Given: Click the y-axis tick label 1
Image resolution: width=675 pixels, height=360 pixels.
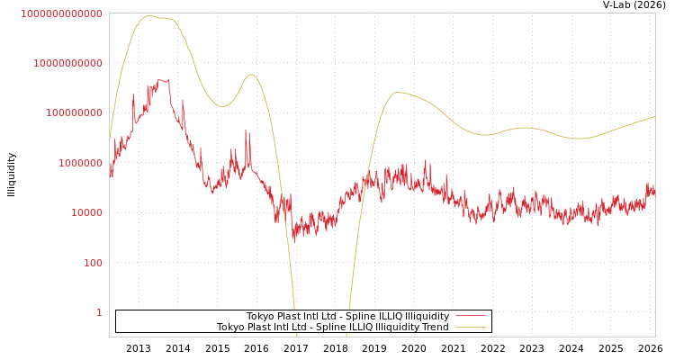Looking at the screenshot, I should click(x=99, y=312).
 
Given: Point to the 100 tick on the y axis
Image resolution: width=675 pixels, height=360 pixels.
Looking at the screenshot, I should click(x=94, y=263).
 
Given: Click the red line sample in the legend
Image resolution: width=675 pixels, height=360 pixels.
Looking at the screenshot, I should click(x=471, y=317).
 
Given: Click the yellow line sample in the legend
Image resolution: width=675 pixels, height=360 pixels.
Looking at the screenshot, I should click(x=471, y=328).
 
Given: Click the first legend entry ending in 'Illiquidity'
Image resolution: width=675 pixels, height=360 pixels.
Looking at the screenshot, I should click(x=347, y=317).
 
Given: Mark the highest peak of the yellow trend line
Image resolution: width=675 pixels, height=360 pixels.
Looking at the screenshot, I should click(x=149, y=16).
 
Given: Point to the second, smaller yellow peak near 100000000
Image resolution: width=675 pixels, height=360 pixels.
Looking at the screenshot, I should click(x=251, y=75).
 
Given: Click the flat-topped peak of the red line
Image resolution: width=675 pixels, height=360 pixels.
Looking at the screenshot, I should click(x=162, y=81).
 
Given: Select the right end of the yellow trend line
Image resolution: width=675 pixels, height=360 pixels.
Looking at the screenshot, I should click(x=654, y=117).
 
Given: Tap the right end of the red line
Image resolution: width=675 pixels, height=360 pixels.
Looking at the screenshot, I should click(x=654, y=190).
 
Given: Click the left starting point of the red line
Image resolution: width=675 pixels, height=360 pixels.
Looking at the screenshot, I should click(x=110, y=171).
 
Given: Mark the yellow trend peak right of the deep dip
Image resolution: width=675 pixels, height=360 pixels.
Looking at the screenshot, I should click(x=397, y=92).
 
